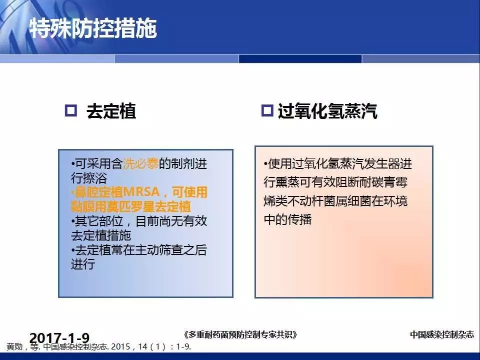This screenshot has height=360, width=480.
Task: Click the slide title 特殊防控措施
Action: point(93,28)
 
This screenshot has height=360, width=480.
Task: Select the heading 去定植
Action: point(111,111)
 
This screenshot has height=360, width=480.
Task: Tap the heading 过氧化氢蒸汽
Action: point(327,111)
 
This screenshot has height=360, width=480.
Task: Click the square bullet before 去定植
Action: point(71,110)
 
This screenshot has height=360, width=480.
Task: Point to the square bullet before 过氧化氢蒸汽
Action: point(267,110)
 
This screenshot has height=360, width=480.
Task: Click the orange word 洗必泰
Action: point(140,164)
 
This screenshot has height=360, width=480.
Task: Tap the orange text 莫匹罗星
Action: point(130,206)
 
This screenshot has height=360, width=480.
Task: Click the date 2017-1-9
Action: point(59,338)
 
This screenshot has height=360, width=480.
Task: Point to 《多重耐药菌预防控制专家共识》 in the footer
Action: point(240,334)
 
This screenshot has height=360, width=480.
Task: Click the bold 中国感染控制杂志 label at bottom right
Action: point(441,334)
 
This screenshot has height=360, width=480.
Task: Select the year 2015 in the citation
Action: point(120,347)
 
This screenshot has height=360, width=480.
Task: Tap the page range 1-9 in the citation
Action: point(183,347)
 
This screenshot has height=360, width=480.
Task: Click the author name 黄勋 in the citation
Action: point(14,347)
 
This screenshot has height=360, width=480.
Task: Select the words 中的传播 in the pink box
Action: point(288,219)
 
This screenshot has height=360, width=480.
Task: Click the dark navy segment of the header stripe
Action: point(300,59)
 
